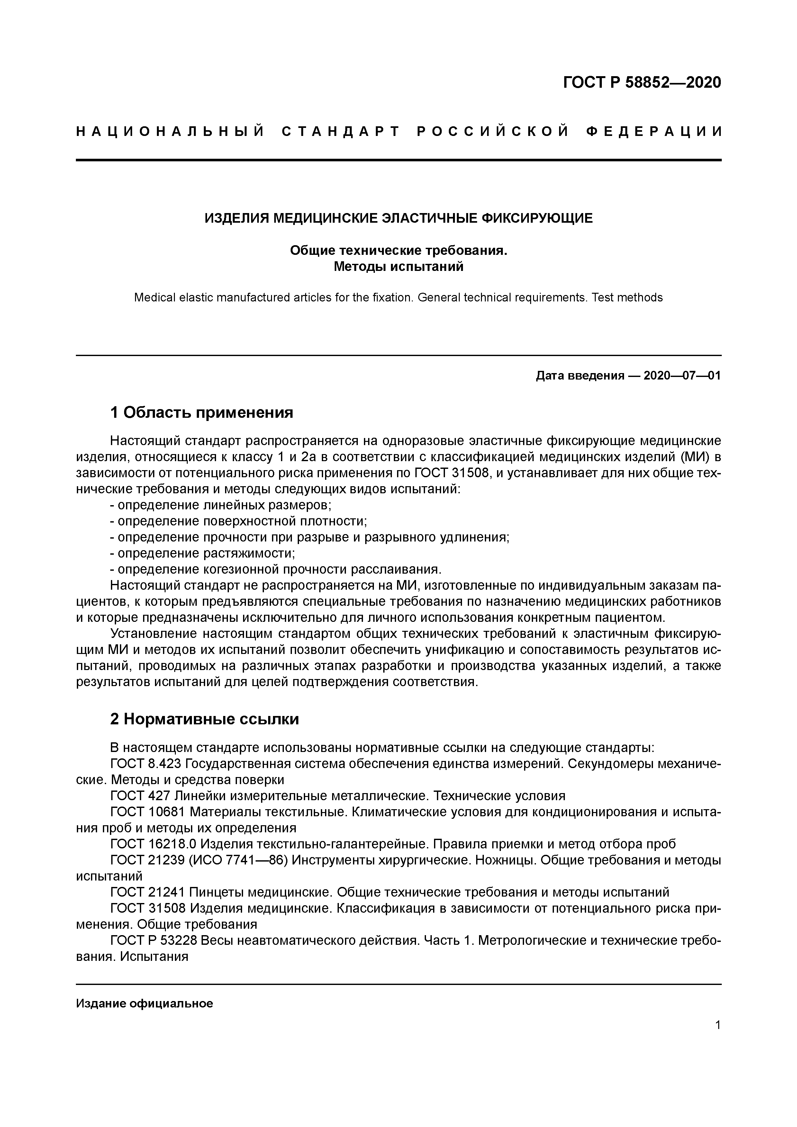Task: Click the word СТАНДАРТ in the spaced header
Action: tap(341, 131)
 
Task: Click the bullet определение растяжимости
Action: tap(202, 553)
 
